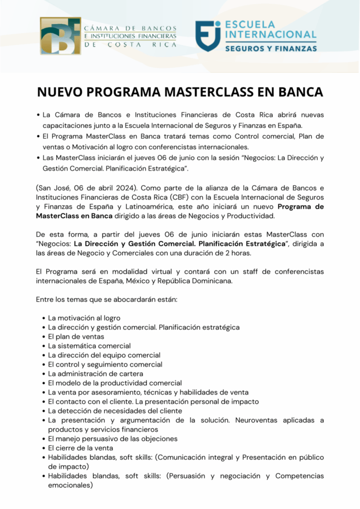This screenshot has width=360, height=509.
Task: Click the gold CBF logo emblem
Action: [60, 36]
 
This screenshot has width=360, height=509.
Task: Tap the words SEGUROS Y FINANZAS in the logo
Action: [270, 49]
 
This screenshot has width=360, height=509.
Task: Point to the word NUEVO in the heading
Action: [61, 92]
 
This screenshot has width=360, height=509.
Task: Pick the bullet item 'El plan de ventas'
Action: [76, 337]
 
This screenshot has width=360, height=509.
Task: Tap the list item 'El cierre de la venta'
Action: [81, 448]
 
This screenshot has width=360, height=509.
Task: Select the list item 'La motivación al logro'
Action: [84, 318]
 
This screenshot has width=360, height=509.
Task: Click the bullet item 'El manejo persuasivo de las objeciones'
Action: [112, 439]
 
